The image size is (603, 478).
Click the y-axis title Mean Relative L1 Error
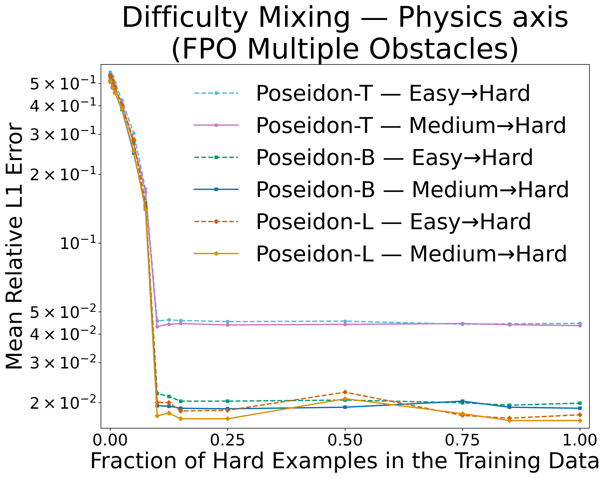[x=15, y=246]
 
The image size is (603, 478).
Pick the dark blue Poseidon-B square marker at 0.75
[x=462, y=401]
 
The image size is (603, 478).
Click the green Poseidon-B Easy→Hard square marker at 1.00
[x=580, y=403]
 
